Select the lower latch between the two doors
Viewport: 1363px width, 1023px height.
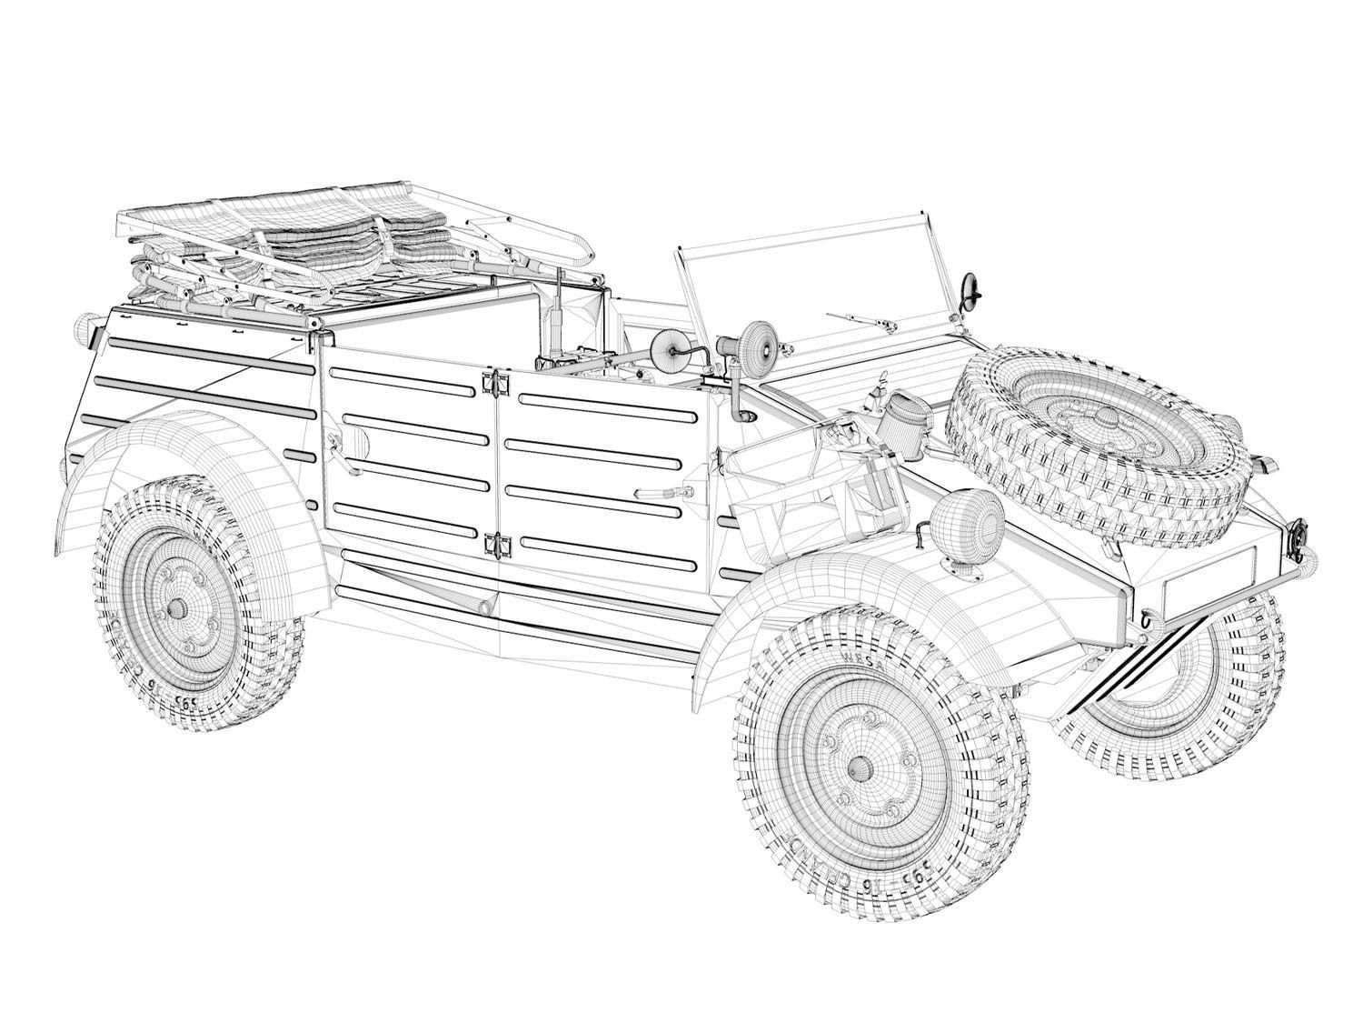point(496,544)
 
